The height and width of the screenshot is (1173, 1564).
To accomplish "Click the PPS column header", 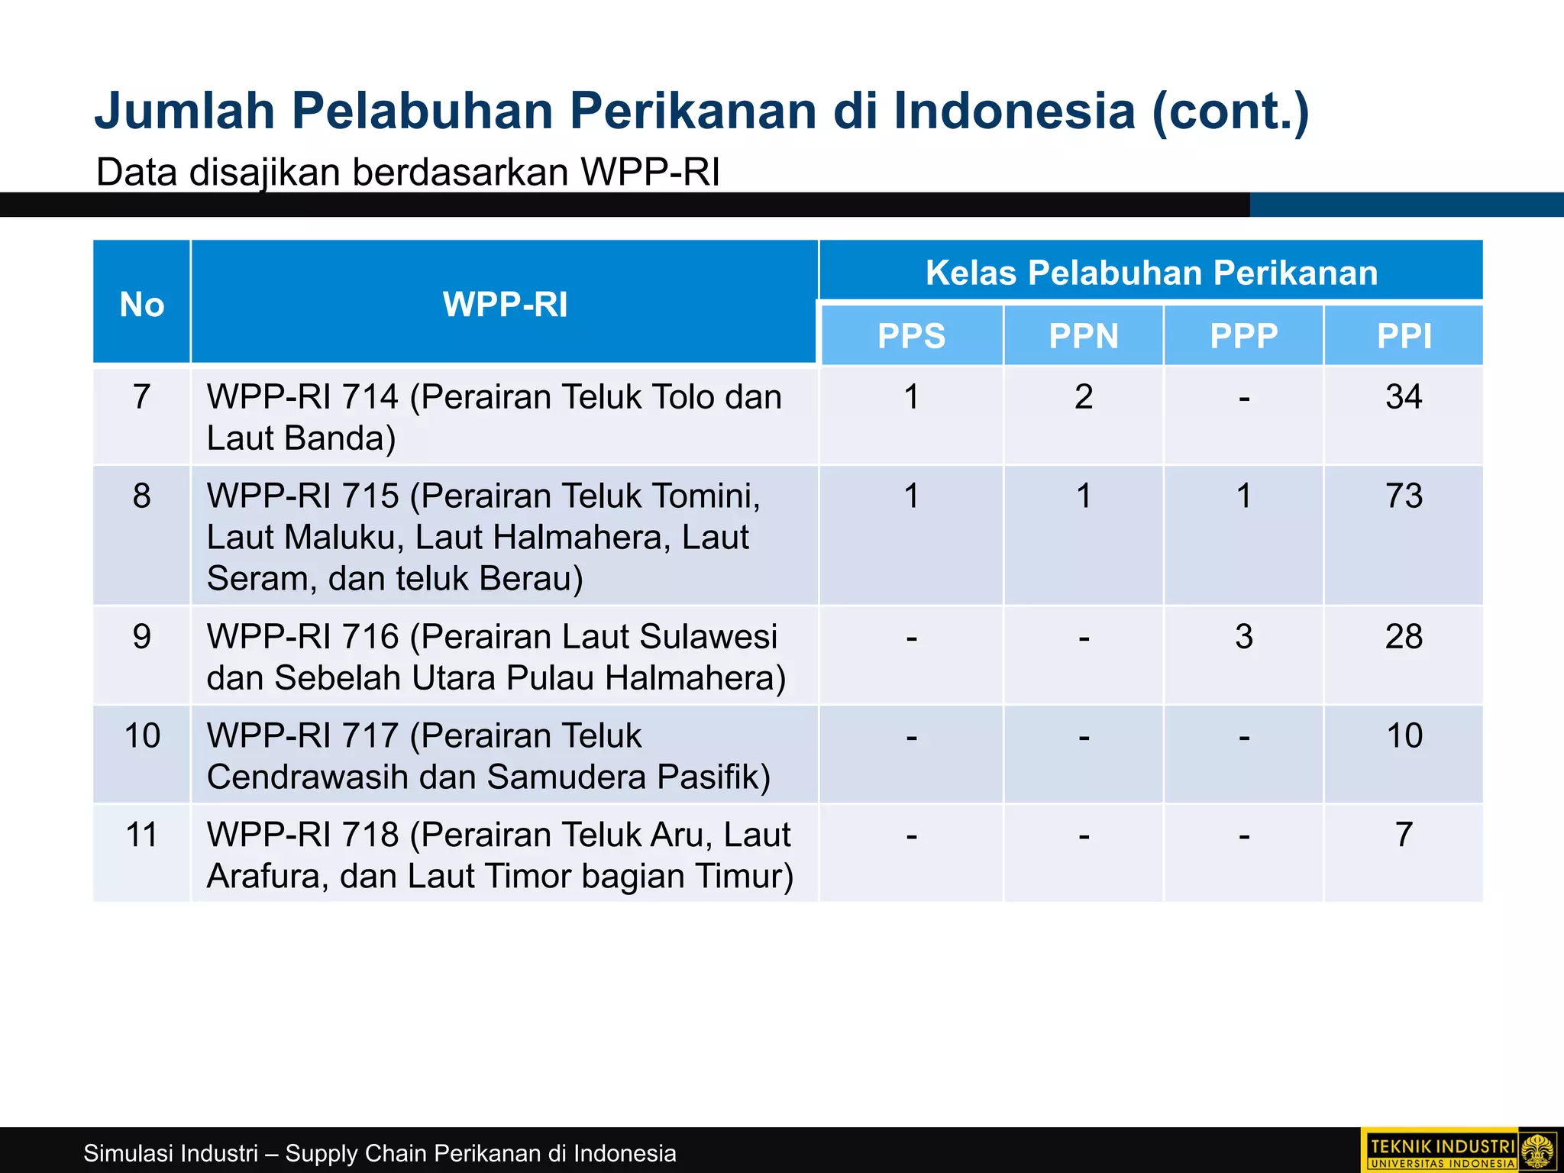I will coord(911,336).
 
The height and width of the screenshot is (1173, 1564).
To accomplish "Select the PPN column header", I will coord(1083,336).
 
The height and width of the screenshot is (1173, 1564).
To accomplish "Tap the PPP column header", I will coord(1243,336).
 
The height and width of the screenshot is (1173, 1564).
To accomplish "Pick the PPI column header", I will coord(1404,336).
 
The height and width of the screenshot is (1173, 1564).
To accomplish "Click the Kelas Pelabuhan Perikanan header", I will coord(1151,273).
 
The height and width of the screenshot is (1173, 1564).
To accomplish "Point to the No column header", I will coord(142,304).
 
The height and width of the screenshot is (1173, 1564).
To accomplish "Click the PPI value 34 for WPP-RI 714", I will coord(1404,397).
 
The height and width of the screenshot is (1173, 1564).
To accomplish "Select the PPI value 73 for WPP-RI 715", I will coord(1404,496).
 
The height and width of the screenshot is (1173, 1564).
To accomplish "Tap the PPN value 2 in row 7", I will coord(1083,397).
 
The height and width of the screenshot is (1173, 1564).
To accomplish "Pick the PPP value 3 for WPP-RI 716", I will coord(1243,637).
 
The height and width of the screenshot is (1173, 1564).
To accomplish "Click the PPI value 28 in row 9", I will coord(1404,637).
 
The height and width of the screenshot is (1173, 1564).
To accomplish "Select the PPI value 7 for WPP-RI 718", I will coord(1404,835).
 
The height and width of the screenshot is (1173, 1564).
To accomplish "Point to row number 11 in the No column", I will coord(142,835).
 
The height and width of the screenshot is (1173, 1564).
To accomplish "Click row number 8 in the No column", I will coord(142,496).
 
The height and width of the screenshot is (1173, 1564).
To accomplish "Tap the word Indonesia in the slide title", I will coord(1014,111).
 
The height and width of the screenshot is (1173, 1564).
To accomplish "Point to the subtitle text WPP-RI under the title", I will coord(650,172).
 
